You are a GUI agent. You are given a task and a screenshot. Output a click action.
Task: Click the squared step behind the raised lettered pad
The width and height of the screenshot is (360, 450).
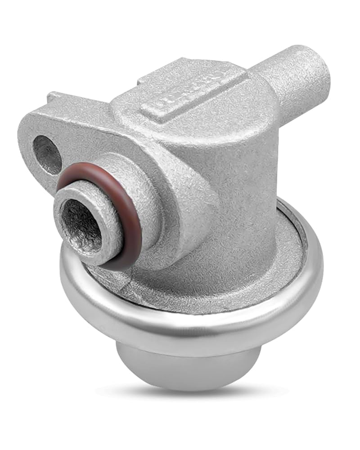coord(148,81)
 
